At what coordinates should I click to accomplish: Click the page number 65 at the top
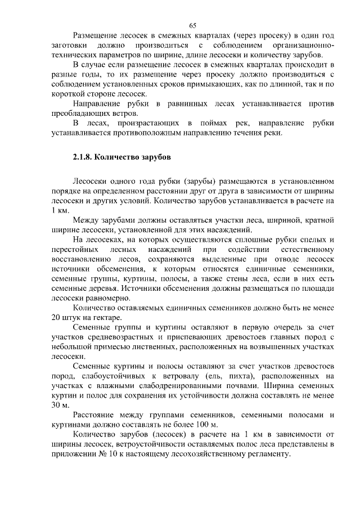192,25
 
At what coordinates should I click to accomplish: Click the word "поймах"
211,123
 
